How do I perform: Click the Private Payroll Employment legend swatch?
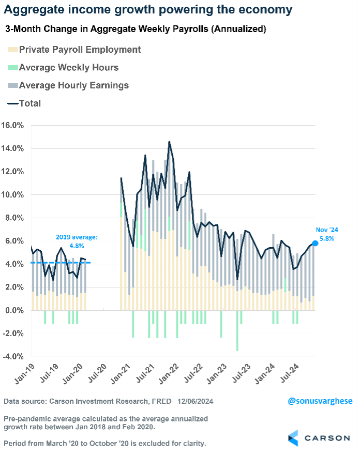(x=12, y=50)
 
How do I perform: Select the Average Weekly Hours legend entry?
(x=68, y=68)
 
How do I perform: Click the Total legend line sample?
(x=12, y=103)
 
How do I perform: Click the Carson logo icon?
(x=293, y=437)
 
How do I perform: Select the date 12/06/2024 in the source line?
(x=196, y=401)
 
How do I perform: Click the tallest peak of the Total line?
(x=169, y=142)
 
